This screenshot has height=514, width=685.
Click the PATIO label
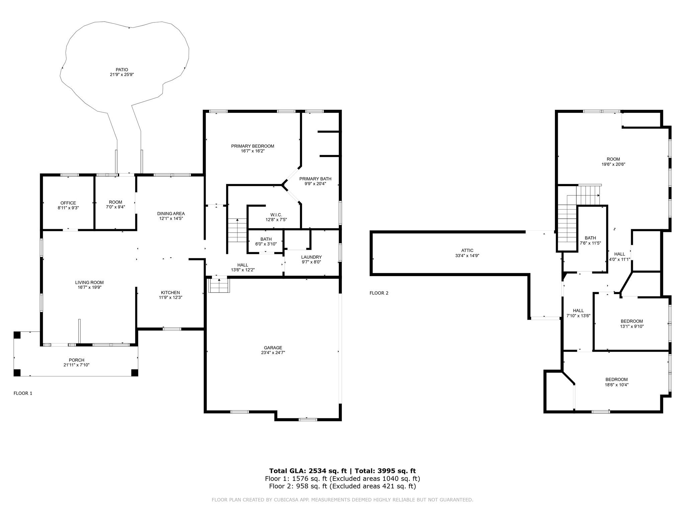click(122, 70)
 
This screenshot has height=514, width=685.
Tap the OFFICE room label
click(68, 203)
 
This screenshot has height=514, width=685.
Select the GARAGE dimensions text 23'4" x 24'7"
click(273, 352)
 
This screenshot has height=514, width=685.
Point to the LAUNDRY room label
click(311, 257)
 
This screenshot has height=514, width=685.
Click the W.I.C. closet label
click(276, 215)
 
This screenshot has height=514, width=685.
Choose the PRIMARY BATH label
click(315, 179)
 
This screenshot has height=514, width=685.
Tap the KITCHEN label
click(170, 292)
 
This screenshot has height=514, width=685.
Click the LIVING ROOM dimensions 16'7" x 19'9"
click(89, 287)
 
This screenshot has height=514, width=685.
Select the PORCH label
click(77, 360)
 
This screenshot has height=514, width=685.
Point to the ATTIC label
click(467, 250)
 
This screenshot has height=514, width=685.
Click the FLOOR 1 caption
click(23, 393)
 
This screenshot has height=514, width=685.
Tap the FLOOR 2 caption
click(379, 293)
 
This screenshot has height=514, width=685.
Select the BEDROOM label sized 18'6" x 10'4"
click(616, 379)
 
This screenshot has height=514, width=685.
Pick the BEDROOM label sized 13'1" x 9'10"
click(632, 321)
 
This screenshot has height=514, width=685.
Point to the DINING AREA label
click(171, 213)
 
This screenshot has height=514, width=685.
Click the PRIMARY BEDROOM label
click(253, 146)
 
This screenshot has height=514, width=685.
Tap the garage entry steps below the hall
click(219, 285)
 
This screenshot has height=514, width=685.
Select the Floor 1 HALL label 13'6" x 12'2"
click(243, 265)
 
